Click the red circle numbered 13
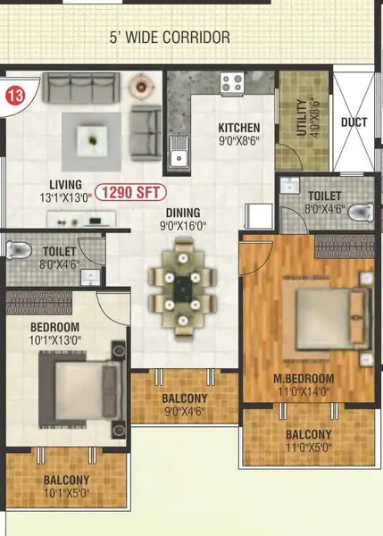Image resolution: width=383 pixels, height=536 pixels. (x=15, y=96)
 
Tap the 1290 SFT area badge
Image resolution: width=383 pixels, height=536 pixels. (x=130, y=192)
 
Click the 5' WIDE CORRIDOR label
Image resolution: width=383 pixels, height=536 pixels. (x=170, y=37)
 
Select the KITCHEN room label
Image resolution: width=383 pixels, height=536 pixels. (x=239, y=128)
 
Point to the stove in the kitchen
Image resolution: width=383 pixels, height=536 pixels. (x=232, y=83)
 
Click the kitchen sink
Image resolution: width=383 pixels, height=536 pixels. (x=179, y=153)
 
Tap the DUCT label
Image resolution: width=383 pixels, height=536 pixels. (x=354, y=122)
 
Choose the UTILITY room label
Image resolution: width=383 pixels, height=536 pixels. (x=302, y=117)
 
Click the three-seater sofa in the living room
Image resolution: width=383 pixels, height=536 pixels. (x=81, y=88)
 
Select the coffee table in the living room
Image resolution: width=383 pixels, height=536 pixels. (x=92, y=141)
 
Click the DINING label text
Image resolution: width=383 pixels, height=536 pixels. (x=183, y=213)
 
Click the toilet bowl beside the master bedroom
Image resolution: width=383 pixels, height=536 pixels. (x=361, y=212)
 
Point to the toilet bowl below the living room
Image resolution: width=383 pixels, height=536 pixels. (x=19, y=250)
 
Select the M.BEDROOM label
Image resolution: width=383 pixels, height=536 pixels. (x=304, y=379)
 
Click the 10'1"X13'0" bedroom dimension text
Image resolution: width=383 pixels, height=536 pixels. (x=55, y=340)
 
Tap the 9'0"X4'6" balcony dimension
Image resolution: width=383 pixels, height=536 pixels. (x=185, y=411)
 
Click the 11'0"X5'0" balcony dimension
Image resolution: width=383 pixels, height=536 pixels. (x=309, y=447)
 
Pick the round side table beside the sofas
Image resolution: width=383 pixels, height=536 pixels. (x=140, y=86)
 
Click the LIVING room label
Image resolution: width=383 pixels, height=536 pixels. (x=65, y=185)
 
